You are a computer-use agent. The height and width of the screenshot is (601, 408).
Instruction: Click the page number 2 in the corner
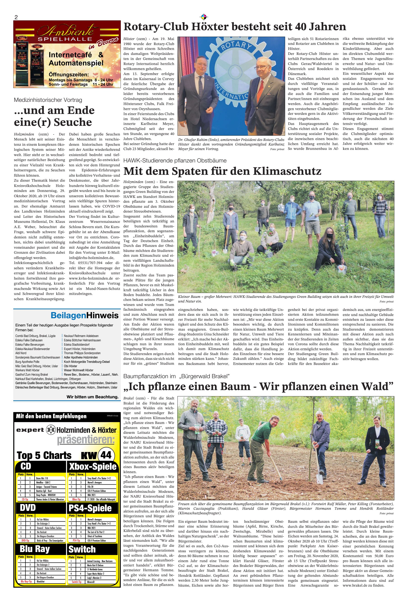pyautogui.click(x=16, y=17)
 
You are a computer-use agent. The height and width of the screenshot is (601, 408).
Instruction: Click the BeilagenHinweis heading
pyautogui.click(x=85, y=315)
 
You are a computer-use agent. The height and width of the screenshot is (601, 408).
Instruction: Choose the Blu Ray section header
pyautogui.click(x=35, y=549)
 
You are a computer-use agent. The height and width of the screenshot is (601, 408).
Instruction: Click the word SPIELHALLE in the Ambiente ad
pyautogui.click(x=65, y=39)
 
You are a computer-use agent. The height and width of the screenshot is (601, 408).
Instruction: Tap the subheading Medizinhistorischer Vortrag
pyautogui.click(x=48, y=100)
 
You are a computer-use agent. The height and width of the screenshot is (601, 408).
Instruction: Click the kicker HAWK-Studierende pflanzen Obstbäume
pyautogui.click(x=175, y=160)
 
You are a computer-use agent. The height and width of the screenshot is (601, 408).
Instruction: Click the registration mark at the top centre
pyautogui.click(x=204, y=17)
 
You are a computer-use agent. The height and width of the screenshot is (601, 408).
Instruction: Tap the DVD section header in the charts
pyautogui.click(x=28, y=508)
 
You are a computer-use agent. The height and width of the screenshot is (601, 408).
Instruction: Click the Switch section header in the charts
pyautogui.click(x=82, y=549)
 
